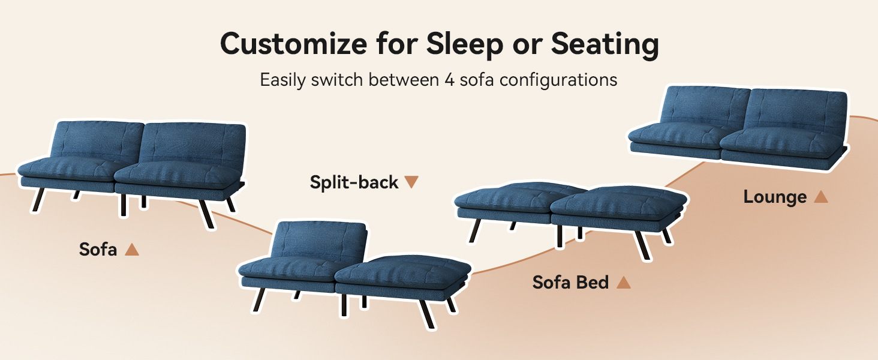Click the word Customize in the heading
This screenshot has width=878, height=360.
294,44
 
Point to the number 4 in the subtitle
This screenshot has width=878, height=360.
449,80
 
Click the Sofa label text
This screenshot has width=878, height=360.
98,250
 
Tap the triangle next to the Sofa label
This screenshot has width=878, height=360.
132,250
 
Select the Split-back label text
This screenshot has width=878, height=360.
354,182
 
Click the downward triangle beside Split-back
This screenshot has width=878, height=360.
411,182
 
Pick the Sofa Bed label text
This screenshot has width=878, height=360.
570,283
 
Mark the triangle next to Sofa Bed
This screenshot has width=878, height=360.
624,283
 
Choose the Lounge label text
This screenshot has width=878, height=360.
775,197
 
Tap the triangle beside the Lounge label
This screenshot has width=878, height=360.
821,197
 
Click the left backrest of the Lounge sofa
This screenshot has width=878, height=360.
705,106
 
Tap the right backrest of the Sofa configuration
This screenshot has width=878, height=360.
192,145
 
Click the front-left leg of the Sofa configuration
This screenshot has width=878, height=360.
38,200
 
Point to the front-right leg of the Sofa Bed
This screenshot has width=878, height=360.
641,245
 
